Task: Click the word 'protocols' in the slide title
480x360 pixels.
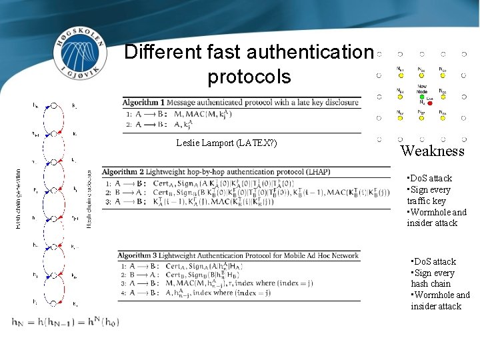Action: coord(249,76)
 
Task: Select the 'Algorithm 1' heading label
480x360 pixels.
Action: coord(143,102)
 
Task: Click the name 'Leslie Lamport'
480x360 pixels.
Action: coord(205,143)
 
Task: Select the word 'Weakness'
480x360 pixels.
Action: coord(432,151)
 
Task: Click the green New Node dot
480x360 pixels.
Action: coord(421,97)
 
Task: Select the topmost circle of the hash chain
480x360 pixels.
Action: coord(55,105)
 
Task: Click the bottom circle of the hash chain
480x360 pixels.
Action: coord(55,303)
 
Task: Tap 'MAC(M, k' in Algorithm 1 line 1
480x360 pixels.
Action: coord(197,114)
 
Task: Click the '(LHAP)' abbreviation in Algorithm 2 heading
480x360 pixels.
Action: coord(315,172)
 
